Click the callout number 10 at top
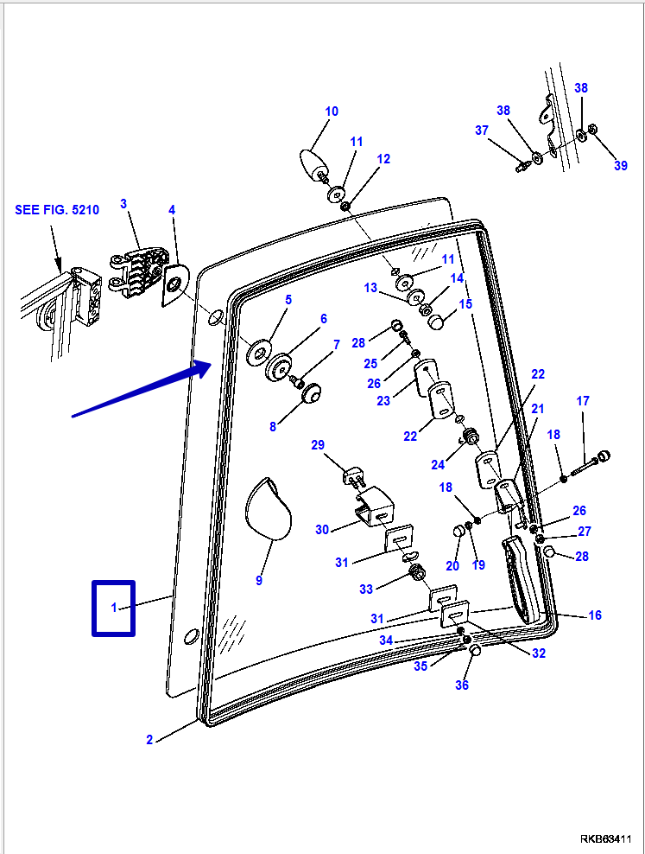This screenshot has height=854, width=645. (x=332, y=112)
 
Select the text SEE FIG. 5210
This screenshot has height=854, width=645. (x=57, y=210)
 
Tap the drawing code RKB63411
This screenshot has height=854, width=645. (x=608, y=838)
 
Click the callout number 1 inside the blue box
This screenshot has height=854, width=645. (x=113, y=609)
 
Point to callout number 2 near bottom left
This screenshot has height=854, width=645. (x=149, y=740)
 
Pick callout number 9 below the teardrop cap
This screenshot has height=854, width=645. (x=259, y=581)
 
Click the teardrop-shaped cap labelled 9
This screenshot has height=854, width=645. (x=269, y=510)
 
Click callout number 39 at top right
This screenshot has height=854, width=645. (x=621, y=166)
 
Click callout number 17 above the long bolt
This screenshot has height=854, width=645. (x=583, y=401)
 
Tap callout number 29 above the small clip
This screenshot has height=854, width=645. (x=318, y=445)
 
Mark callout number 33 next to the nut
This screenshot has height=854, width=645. (x=366, y=589)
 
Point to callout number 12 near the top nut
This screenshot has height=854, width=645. (x=383, y=159)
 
